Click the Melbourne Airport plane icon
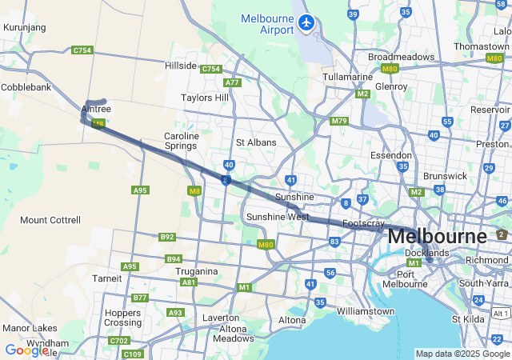coord(306,22)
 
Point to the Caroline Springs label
coord(181,141)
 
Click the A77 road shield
coord(233,82)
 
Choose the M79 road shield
coord(339,121)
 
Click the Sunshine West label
coord(278,217)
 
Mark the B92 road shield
coord(166,237)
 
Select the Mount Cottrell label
coord(50,220)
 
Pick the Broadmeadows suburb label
coord(401,58)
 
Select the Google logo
coord(26,350)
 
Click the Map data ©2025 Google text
coord(462,354)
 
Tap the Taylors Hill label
coord(204,98)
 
